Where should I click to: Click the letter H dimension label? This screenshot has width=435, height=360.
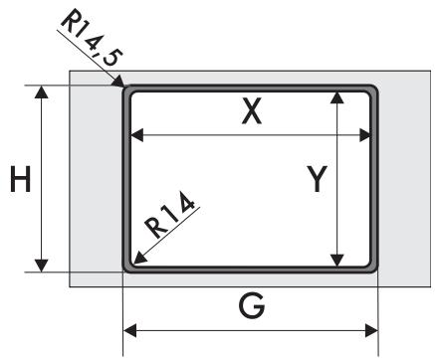(x=21, y=179)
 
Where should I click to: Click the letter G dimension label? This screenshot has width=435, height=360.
(x=252, y=306)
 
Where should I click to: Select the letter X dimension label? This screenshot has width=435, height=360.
(x=252, y=111)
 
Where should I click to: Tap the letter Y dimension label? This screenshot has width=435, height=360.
(x=317, y=179)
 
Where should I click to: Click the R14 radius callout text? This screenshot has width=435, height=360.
(x=169, y=215)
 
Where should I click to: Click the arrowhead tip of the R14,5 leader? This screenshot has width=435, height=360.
(x=124, y=87)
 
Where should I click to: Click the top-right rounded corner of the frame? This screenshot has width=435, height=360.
(x=374, y=90)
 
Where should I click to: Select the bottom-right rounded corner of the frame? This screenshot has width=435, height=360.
(x=374, y=269)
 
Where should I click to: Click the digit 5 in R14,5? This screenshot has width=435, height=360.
(x=112, y=58)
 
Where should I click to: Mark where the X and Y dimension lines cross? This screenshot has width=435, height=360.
(x=337, y=135)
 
